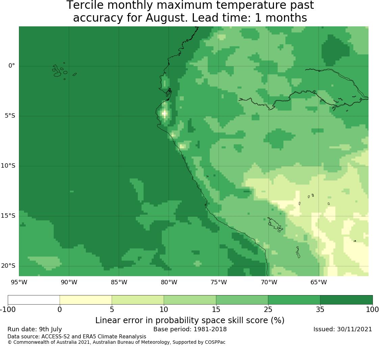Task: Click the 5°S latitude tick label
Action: tap(10, 116)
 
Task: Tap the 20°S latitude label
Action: tap(8, 266)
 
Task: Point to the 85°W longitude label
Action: tap(119, 282)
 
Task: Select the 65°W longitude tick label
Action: tap(319, 282)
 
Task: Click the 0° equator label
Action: tap(11, 66)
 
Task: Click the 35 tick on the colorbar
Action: tap(320, 310)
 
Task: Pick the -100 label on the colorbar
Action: tap(8, 310)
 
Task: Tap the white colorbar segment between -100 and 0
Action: tap(34, 300)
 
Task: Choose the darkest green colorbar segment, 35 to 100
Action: tap(346, 300)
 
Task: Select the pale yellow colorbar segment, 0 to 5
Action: tap(86, 300)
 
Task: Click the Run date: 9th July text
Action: tap(35, 329)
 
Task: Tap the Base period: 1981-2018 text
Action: tap(190, 329)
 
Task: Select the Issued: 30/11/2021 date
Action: tap(343, 329)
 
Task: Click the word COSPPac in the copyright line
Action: tap(215, 342)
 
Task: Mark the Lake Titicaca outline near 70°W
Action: tap(275, 225)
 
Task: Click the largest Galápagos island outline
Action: tap(57, 71)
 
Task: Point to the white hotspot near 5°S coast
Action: tap(164, 113)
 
